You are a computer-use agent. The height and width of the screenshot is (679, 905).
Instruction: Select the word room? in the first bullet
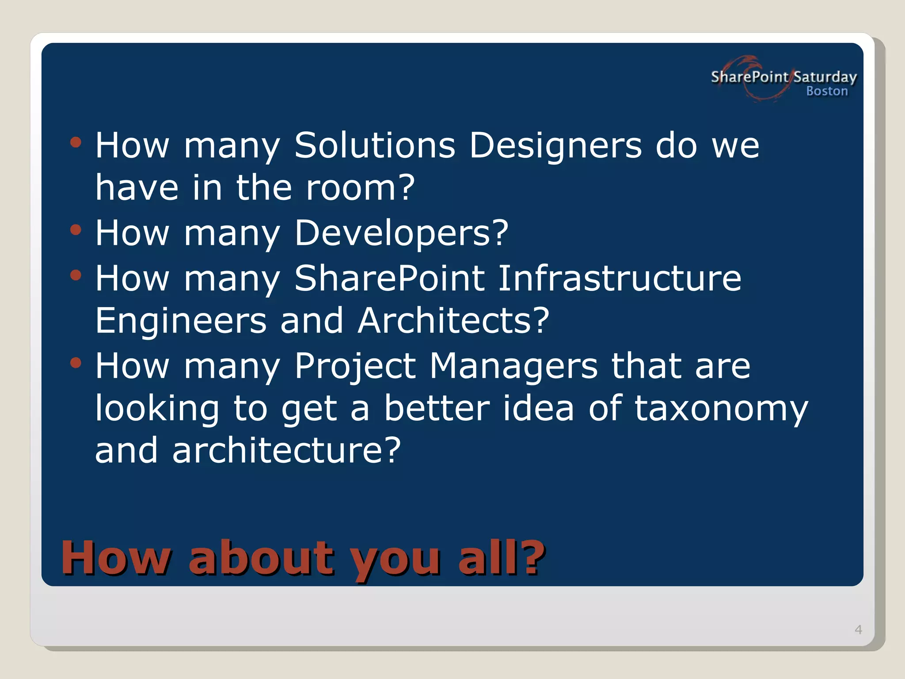coord(361,187)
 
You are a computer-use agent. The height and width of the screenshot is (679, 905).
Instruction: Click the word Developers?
coord(402,234)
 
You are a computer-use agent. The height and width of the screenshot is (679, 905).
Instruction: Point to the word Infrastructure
coord(620,278)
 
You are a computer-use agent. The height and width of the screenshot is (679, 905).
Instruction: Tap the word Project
coord(355,367)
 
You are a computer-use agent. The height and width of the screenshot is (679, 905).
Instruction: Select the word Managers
coord(513,367)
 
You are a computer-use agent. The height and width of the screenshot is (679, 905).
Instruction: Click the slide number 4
coord(858,629)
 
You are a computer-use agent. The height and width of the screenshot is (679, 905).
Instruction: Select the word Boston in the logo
coord(827,91)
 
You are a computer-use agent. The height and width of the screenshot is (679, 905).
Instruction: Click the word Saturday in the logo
coord(825,77)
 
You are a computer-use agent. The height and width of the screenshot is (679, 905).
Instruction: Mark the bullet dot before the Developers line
coord(76,230)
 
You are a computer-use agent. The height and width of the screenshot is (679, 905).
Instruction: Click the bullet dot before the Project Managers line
coord(76,363)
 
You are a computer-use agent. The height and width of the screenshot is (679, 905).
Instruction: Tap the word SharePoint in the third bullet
coord(389,278)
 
